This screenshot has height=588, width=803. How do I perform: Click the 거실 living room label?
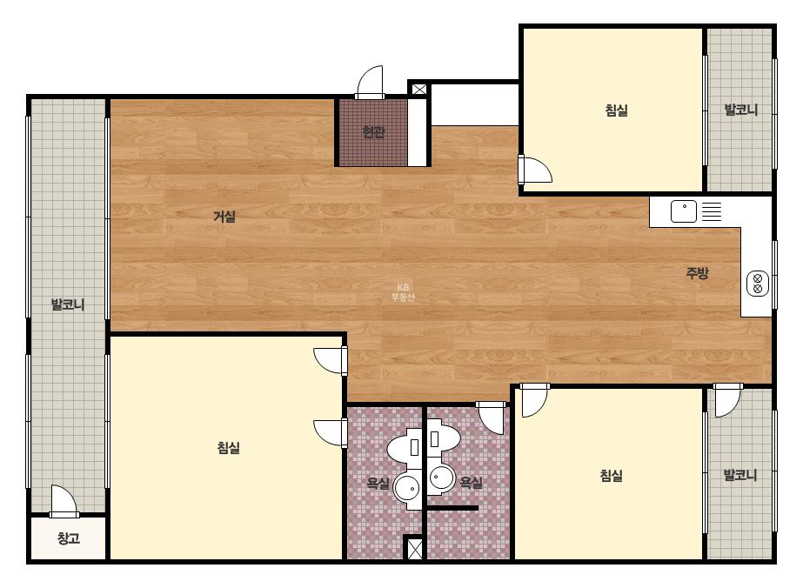tap(224, 217)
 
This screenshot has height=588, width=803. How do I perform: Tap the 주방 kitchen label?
tap(697, 272)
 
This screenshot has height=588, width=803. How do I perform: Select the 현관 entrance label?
tap(373, 132)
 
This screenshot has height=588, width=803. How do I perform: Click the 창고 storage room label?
tap(69, 538)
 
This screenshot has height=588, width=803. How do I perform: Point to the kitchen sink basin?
tap(684, 211)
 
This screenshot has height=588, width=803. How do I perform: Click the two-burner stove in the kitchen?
tap(758, 284)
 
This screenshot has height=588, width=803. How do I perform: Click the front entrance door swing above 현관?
tap(370, 82)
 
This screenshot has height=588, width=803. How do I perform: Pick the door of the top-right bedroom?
tap(535, 170)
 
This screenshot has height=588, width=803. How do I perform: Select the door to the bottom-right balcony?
tap(727, 400)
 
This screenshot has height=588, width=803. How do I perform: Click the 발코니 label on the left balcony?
tap(68, 304)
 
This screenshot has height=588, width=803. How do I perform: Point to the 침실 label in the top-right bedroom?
tap(617, 110)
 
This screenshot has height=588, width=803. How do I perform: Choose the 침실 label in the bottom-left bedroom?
tap(229, 448)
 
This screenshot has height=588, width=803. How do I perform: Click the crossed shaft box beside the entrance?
tap(419, 90)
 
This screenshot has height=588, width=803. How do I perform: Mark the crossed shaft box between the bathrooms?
tap(413, 549)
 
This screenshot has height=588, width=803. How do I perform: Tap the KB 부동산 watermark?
tap(403, 292)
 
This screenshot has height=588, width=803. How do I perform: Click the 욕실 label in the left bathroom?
tap(378, 483)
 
